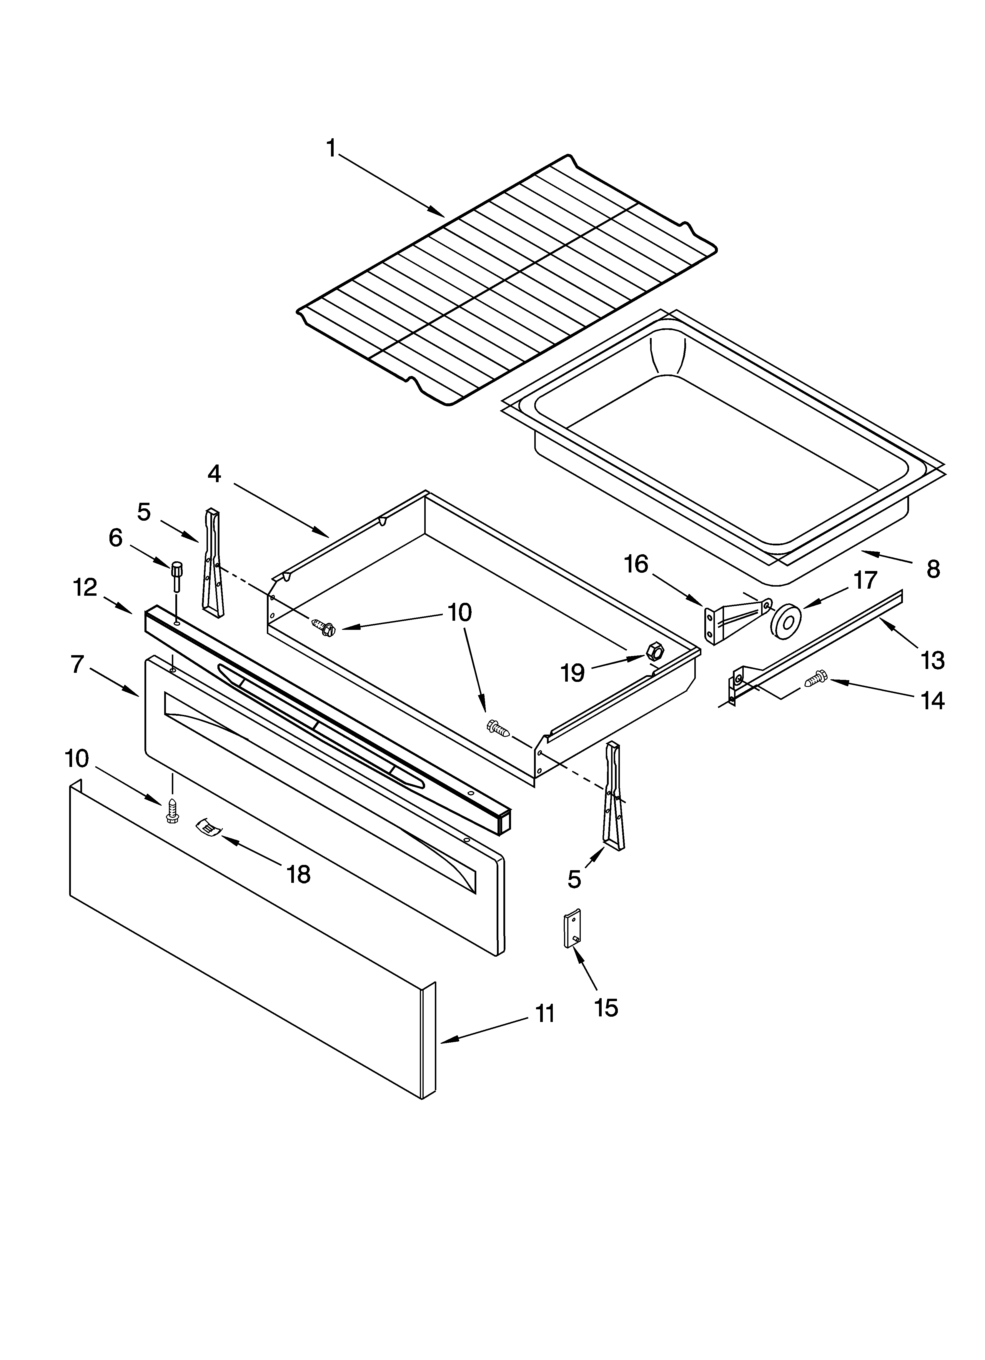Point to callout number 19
(573, 673)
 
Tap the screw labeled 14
(816, 679)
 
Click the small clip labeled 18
(207, 828)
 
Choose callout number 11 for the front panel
(545, 1014)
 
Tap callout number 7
(77, 665)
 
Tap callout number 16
(636, 564)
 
